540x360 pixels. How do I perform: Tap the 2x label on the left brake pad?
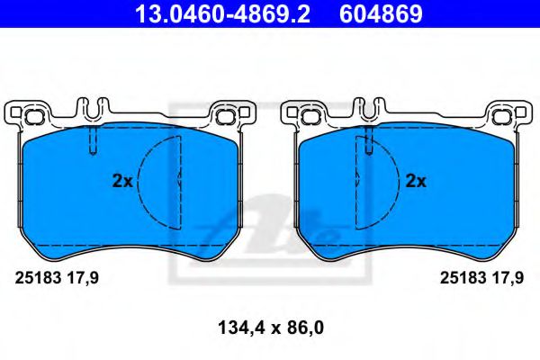[x=121, y=181]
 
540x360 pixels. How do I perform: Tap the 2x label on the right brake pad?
[x=415, y=181]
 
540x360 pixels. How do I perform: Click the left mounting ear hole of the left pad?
[x=33, y=116]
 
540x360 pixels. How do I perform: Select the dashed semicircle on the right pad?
[x=377, y=180]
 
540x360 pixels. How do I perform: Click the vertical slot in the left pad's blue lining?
[x=92, y=142]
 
